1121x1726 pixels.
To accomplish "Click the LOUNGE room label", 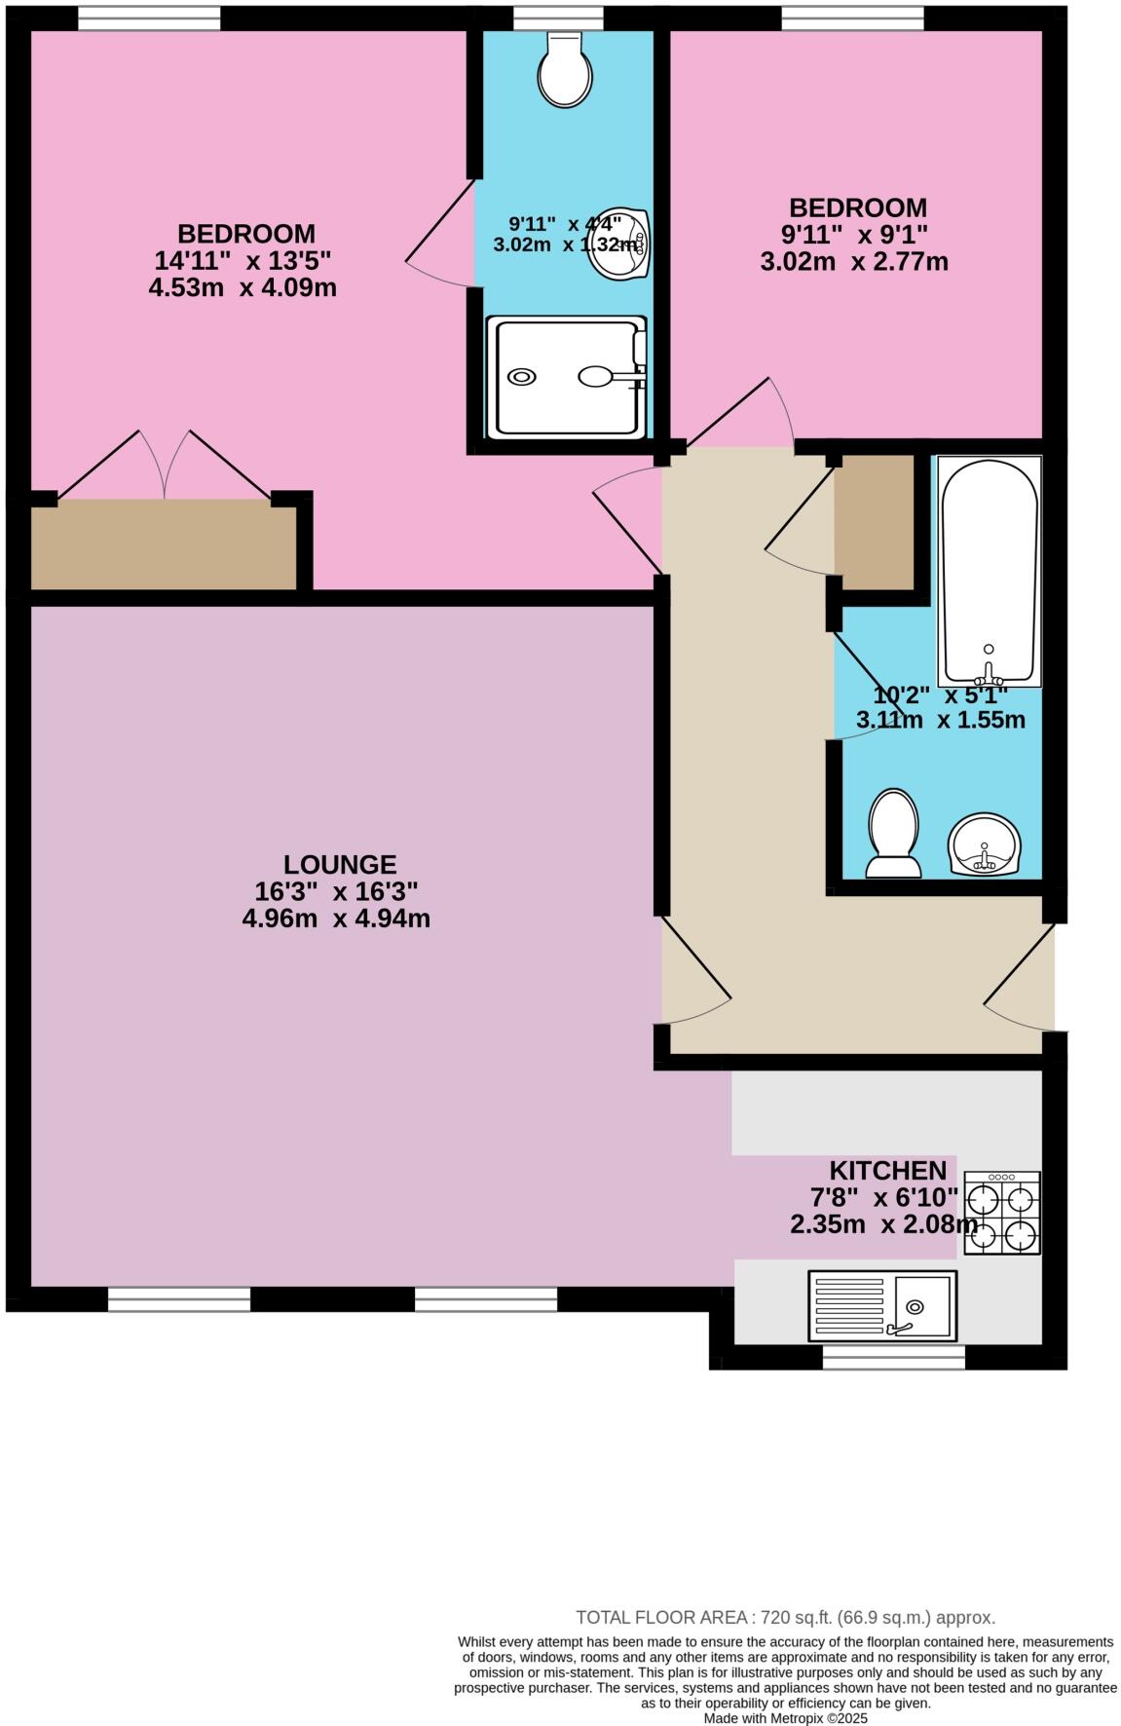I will pos(340,864).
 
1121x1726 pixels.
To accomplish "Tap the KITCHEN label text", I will pos(887,1170).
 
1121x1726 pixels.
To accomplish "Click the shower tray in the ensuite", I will pos(569,376).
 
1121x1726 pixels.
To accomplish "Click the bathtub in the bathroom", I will pos(989,570).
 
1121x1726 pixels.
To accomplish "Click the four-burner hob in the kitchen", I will pos(1002,1212).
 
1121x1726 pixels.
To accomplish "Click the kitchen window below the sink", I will pos(893,1357).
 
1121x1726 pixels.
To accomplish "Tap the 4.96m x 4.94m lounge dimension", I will pos(336,918).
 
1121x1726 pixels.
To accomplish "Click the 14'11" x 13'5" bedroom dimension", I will pos(243,261).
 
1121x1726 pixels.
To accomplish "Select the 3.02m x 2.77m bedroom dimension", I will pos(854,261).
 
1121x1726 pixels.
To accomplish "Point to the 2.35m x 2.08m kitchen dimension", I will pos(883,1224).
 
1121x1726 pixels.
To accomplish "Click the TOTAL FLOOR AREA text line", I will pos(785,1617).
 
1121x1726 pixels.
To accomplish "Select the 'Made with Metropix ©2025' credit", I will pos(785,1718).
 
